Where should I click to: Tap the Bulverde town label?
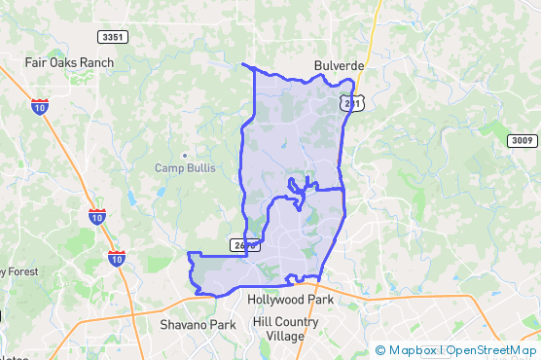point(339,65)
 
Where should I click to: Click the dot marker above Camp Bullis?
point(184,155)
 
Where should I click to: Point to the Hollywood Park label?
point(290,301)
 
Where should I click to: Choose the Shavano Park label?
point(198,325)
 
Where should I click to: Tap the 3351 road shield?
point(113,37)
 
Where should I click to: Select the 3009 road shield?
point(522,141)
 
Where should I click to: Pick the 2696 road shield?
point(245,244)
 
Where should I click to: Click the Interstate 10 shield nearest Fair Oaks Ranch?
point(40,106)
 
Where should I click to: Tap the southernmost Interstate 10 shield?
point(116,259)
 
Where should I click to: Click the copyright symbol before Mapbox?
point(380,350)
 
